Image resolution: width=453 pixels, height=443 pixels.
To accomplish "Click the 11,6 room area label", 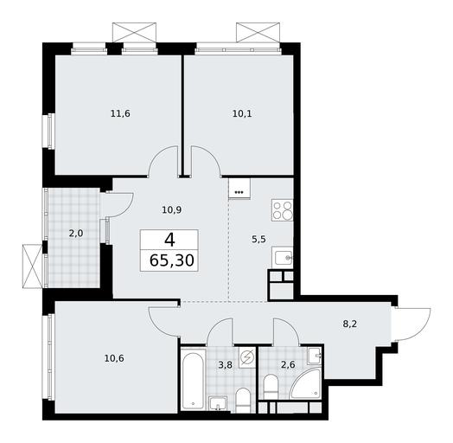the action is (120, 113).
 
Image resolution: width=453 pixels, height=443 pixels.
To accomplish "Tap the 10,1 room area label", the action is (242, 113).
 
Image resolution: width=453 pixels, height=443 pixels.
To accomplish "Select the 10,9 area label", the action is (172, 210).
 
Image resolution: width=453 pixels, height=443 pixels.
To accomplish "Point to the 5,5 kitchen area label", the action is (258, 240).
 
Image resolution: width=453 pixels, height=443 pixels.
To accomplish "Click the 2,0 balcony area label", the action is (76, 233).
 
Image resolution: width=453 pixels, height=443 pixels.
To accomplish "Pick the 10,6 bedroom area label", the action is (114, 358).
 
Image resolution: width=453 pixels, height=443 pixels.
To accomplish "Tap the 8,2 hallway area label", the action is (350, 324).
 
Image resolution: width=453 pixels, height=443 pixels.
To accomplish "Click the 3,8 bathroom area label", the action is (225, 365).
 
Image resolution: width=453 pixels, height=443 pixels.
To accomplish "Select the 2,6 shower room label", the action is (288, 365).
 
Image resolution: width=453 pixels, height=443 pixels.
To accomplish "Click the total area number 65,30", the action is (172, 260).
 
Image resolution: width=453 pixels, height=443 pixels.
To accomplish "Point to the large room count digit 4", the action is (169, 240).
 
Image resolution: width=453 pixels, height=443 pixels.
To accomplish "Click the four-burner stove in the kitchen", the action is (282, 210).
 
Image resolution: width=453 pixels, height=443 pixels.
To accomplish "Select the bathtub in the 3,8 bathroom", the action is (193, 379).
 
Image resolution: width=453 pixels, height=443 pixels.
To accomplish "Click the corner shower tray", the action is (306, 383).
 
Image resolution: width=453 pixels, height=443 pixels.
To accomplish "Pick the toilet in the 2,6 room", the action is (271, 387).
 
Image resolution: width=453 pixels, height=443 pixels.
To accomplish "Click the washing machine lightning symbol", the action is (247, 357).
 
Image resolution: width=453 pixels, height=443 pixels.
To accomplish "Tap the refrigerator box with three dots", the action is (239, 189).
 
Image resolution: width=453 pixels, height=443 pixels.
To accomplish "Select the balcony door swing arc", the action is (126, 207).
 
